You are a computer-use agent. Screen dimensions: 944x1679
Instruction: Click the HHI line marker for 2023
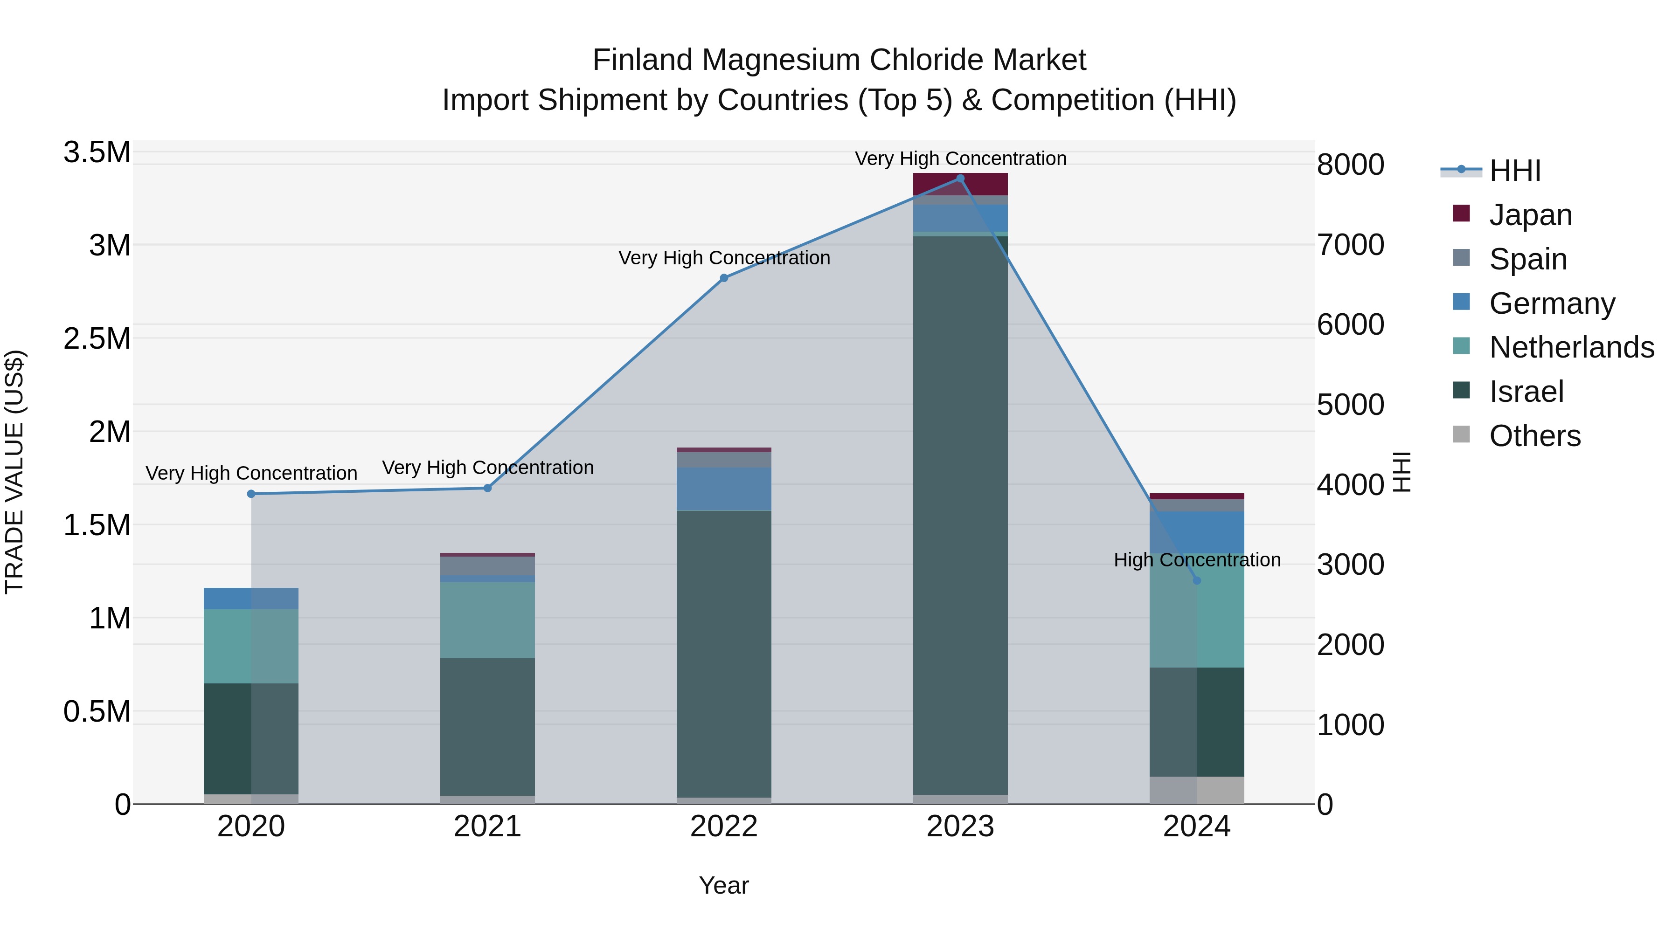pos(960,178)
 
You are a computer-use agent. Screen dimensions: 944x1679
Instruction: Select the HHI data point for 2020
pos(251,494)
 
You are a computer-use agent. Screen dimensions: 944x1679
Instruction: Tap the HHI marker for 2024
pos(1197,580)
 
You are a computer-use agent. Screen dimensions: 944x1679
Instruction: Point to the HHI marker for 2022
pos(723,278)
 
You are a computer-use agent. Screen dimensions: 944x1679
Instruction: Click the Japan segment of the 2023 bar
pos(960,184)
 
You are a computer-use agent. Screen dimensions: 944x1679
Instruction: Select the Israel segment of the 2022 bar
pos(723,652)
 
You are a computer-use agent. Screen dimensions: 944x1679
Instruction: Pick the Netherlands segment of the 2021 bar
pos(487,620)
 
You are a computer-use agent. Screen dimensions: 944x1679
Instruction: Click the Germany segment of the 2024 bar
pos(1197,532)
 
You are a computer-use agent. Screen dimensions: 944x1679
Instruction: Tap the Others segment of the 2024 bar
pos(1197,790)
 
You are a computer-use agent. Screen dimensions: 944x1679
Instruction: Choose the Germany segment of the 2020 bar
pos(251,598)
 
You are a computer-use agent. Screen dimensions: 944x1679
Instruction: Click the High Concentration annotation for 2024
pos(1197,559)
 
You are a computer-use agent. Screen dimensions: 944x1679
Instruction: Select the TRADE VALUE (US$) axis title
pos(14,472)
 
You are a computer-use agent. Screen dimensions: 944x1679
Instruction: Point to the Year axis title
pos(723,885)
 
